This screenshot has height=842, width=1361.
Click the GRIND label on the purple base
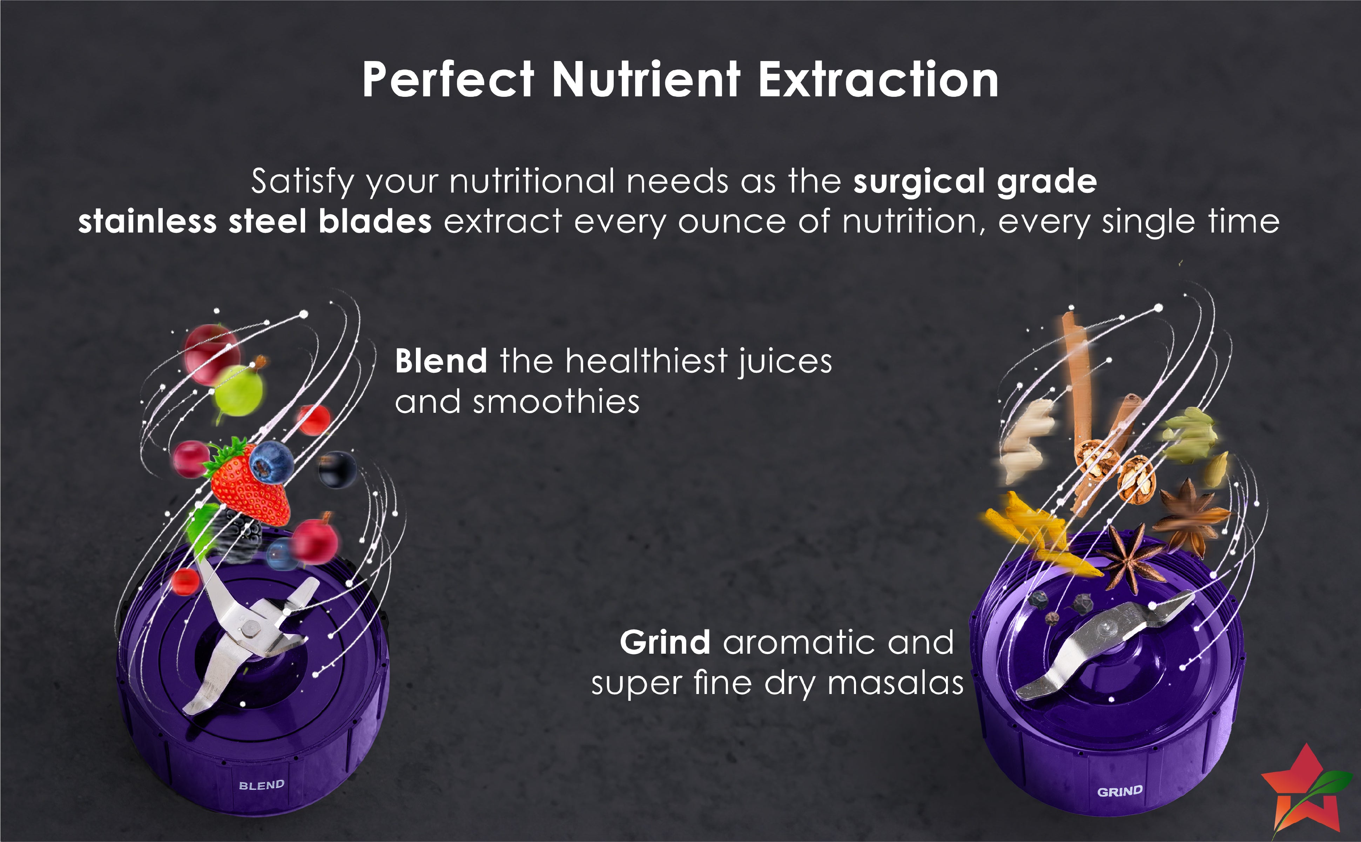tap(1120, 791)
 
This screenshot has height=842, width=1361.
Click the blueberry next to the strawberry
tap(271, 462)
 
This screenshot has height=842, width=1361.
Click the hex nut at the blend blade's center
tap(249, 629)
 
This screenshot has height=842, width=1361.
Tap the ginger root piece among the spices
tap(1026, 440)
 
